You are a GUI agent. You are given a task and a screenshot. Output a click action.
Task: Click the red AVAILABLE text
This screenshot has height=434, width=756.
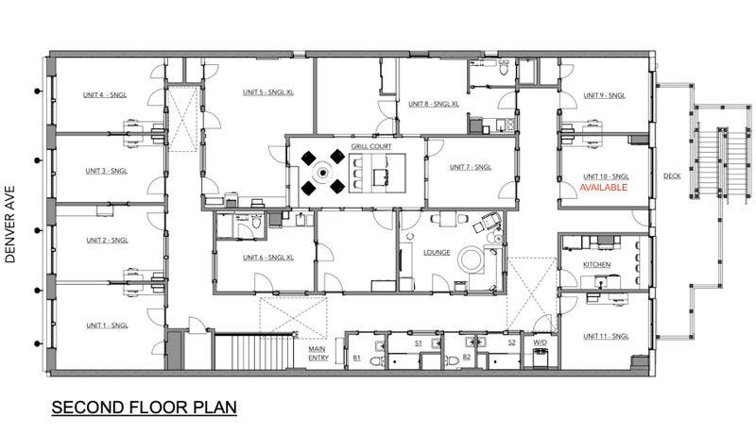pyautogui.click(x=603, y=187)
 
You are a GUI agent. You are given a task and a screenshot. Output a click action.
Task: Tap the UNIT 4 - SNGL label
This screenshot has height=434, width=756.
pyautogui.click(x=105, y=94)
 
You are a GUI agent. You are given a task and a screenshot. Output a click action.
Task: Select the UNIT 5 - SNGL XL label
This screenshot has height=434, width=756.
pyautogui.click(x=268, y=92)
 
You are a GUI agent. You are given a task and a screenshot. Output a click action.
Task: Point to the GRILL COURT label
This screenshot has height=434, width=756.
pyautogui.click(x=371, y=146)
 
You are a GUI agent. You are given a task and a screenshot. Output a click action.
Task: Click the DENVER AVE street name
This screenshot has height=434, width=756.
pyautogui.click(x=10, y=225)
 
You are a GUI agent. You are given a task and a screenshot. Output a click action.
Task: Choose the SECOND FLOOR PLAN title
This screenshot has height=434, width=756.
pyautogui.click(x=145, y=407)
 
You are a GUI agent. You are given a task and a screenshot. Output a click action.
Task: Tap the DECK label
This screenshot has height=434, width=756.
pyautogui.click(x=672, y=175)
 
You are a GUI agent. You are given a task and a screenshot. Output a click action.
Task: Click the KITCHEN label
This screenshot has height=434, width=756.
pyautogui.click(x=597, y=264)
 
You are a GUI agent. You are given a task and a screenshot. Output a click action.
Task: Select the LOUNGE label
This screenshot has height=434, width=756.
pyautogui.click(x=437, y=252)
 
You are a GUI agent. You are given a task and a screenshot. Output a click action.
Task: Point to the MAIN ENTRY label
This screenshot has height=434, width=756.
pyautogui.click(x=318, y=353)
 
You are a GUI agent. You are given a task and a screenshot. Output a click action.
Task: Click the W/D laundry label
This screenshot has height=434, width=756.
pyautogui.click(x=540, y=342)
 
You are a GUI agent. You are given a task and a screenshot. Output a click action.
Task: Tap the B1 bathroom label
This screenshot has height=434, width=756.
pyautogui.click(x=357, y=358)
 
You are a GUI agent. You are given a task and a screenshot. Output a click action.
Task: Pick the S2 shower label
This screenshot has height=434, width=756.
pyautogui.click(x=511, y=342)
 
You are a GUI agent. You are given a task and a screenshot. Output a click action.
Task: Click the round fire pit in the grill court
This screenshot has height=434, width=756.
pyautogui.click(x=323, y=172)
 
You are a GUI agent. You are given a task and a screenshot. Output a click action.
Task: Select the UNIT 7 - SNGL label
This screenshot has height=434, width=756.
pyautogui.click(x=471, y=167)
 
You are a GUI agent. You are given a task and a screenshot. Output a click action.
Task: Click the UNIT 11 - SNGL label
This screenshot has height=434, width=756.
pyautogui.click(x=606, y=336)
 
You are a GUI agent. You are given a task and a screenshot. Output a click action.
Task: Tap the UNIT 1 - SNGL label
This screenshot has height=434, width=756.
pyautogui.click(x=107, y=325)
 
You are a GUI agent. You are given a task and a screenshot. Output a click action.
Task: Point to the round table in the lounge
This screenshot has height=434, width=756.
pyautogui.click(x=471, y=259)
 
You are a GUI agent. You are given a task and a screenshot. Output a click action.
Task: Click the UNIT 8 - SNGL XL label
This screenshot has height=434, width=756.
pyautogui.click(x=434, y=104)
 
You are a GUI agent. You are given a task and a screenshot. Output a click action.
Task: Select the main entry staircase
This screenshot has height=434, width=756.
pyautogui.click(x=254, y=352)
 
